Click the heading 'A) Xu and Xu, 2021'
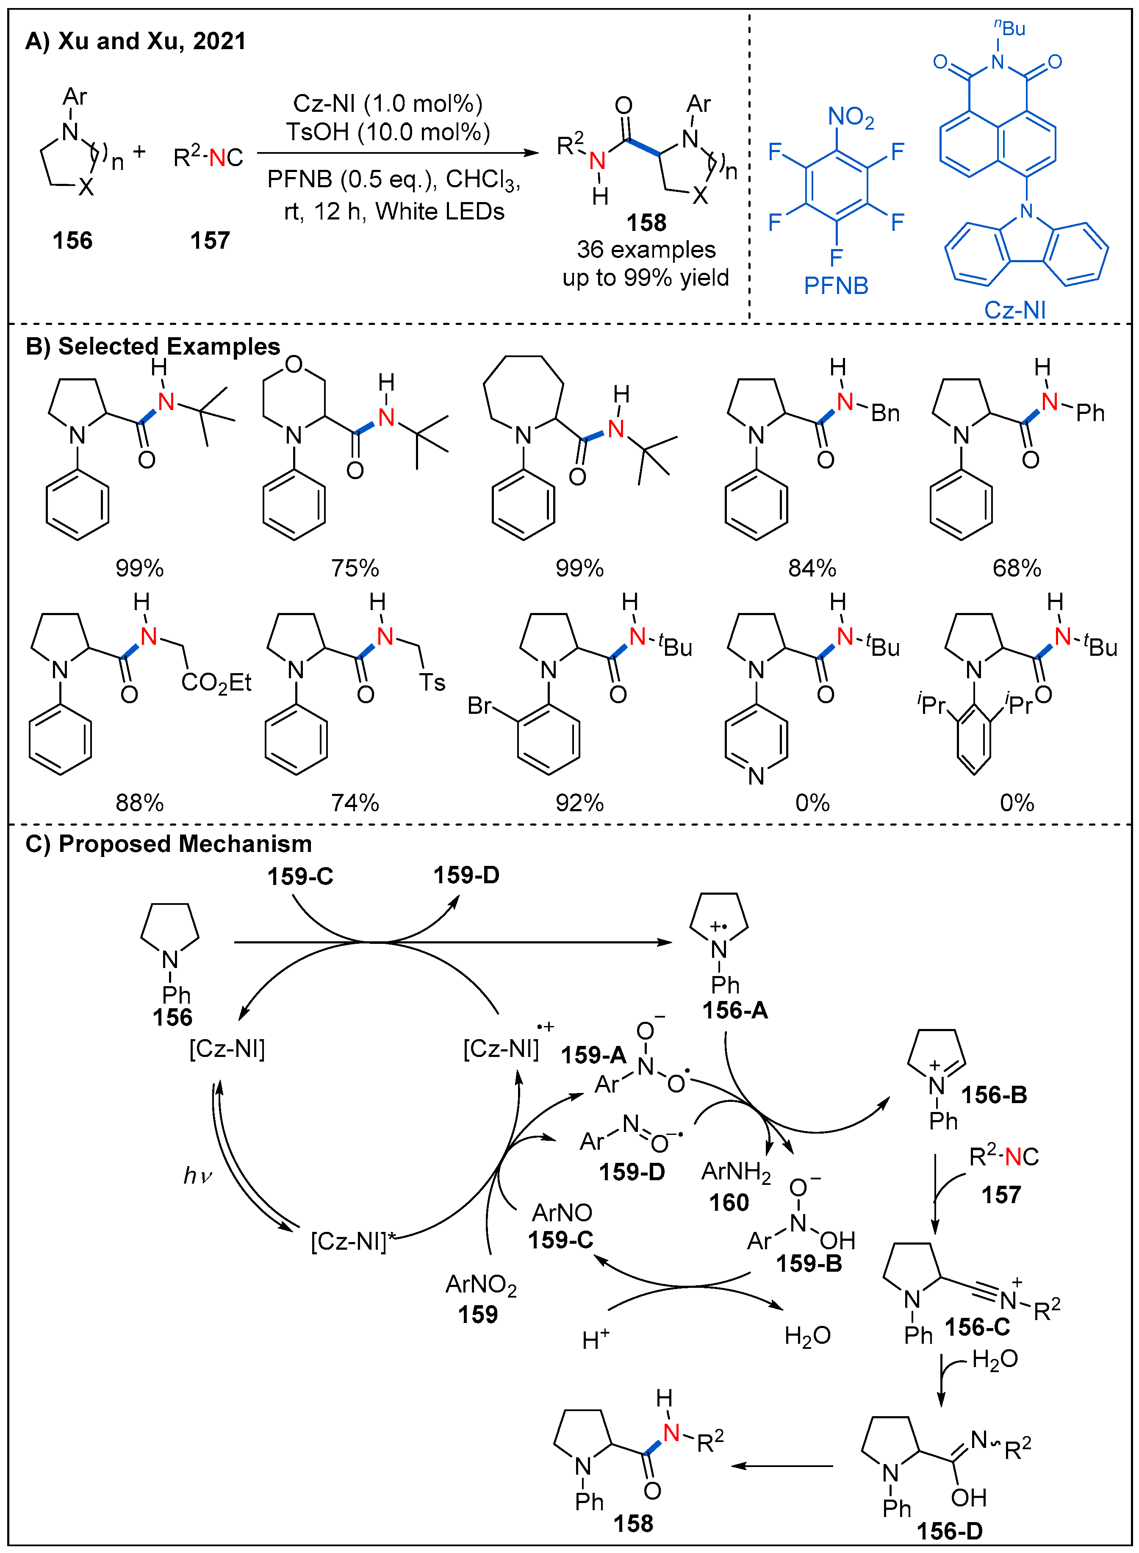pyautogui.click(x=135, y=42)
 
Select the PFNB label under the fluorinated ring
pyautogui.click(x=836, y=286)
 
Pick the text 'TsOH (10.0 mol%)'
pyautogui.click(x=388, y=132)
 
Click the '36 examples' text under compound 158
pyautogui.click(x=646, y=250)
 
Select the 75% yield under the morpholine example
pyautogui.click(x=355, y=568)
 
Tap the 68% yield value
pyautogui.click(x=1016, y=568)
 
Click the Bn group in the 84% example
pyautogui.click(x=885, y=413)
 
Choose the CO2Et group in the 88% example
pyautogui.click(x=216, y=683)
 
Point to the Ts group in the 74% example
pyautogui.click(x=432, y=683)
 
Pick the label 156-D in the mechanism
pyautogui.click(x=949, y=1531)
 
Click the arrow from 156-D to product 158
pyautogui.click(x=782, y=1465)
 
